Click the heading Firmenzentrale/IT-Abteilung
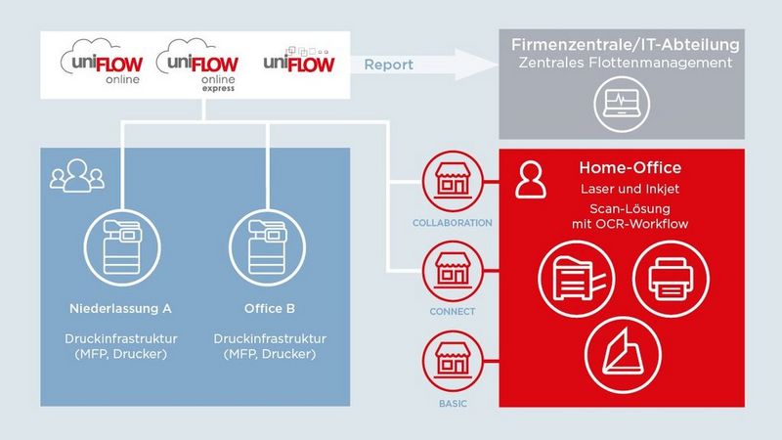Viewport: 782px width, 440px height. pyautogui.click(x=626, y=45)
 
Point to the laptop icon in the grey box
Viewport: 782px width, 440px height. pyautogui.click(x=626, y=102)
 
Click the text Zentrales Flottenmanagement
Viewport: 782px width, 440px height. pyautogui.click(x=626, y=65)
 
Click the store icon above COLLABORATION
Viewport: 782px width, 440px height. pyautogui.click(x=453, y=182)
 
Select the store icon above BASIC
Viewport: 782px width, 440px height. pyautogui.click(x=453, y=357)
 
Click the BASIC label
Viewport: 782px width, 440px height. pyautogui.click(x=453, y=402)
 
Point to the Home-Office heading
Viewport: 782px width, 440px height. pyautogui.click(x=630, y=168)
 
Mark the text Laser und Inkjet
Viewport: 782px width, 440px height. pyautogui.click(x=630, y=188)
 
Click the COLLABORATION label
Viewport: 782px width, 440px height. pyautogui.click(x=453, y=223)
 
